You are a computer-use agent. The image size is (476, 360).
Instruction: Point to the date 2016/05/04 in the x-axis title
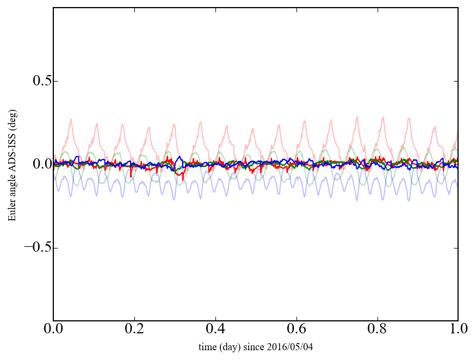click(293, 346)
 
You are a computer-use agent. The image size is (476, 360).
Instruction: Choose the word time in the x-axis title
click(207, 346)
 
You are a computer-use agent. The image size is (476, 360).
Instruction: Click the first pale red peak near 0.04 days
click(71, 119)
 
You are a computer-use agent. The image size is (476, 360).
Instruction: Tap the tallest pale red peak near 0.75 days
click(357, 116)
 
